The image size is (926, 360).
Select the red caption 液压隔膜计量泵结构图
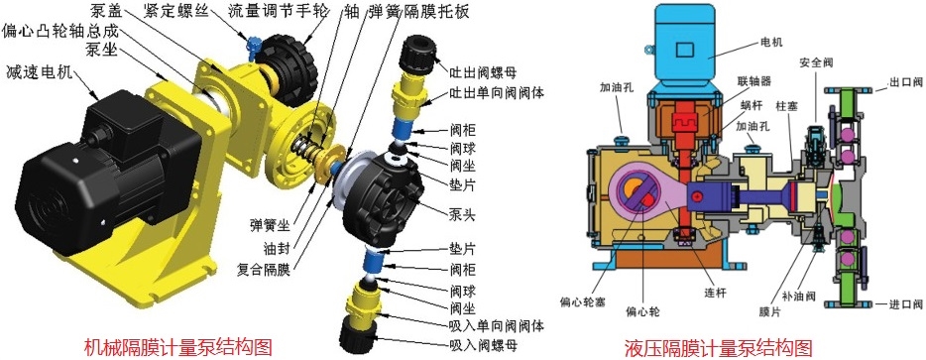point(718,347)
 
